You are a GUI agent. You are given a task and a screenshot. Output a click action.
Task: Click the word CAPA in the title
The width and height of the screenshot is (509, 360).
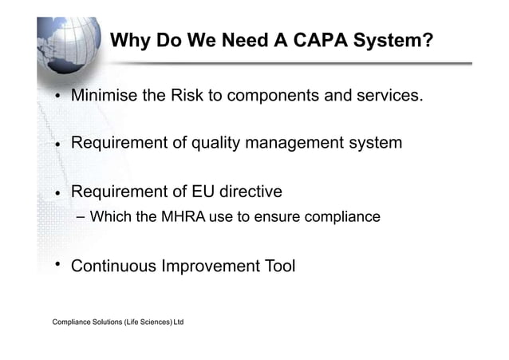327,40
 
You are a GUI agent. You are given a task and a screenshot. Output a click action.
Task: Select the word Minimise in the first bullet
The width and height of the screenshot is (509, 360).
104,97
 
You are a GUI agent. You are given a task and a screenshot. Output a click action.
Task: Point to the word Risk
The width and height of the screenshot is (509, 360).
187,97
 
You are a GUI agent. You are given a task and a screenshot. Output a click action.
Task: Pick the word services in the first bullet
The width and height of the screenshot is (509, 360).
388,97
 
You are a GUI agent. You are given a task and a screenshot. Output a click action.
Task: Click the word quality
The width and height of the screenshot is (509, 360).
236,144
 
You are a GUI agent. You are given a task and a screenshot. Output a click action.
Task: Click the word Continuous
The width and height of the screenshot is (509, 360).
113,266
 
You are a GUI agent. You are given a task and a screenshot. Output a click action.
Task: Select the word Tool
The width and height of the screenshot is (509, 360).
279,266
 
